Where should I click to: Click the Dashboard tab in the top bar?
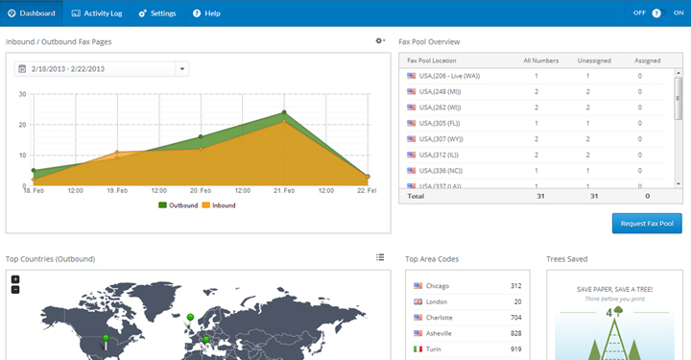[31, 13]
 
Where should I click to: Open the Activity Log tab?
[98, 13]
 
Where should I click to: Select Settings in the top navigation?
[157, 13]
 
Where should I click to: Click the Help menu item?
[206, 13]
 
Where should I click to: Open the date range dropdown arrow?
[182, 69]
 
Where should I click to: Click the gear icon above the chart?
[380, 41]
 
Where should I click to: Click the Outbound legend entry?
[178, 204]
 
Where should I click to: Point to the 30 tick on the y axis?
[22, 94]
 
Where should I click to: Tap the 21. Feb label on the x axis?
[284, 191]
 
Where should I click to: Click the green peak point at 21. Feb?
[284, 113]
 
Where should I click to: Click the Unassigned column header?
[594, 60]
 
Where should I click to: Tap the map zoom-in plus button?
[15, 279]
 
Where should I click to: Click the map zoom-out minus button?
[15, 289]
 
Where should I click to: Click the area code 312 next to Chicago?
[514, 286]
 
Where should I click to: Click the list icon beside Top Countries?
[380, 257]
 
